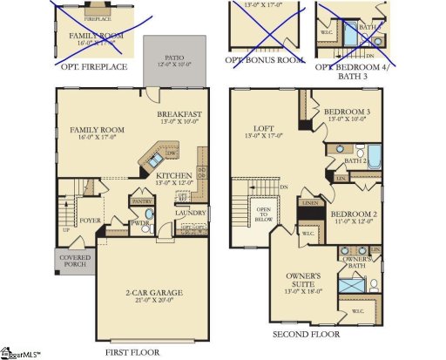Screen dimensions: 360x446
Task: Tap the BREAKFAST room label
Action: click(x=180, y=114)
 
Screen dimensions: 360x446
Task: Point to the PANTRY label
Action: click(x=140, y=200)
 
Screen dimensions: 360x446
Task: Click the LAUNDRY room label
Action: click(x=190, y=213)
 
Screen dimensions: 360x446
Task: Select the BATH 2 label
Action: click(x=354, y=161)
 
